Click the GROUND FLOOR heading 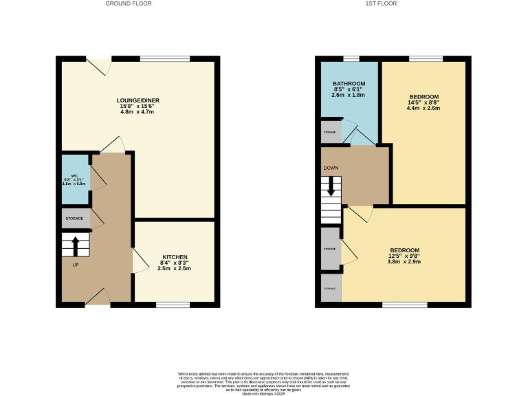click(x=129, y=3)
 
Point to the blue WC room click(x=75, y=179)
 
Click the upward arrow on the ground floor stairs click(x=75, y=245)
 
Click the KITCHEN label click(x=175, y=257)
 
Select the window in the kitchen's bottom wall click(x=173, y=304)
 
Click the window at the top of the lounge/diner click(x=165, y=58)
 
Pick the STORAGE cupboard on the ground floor click(x=75, y=219)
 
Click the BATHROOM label click(x=349, y=82)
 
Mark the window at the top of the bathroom click(x=351, y=58)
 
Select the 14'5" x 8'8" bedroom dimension click(x=423, y=102)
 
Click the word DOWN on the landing click(x=331, y=167)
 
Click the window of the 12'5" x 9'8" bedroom click(x=399, y=304)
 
